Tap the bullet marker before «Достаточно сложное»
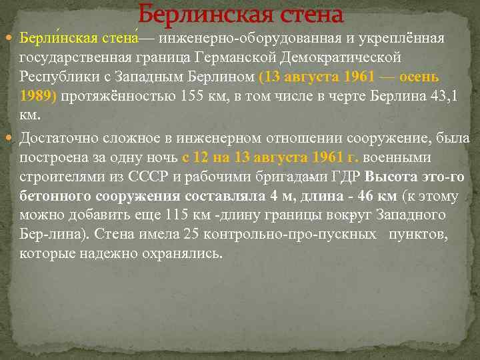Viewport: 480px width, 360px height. [11, 139]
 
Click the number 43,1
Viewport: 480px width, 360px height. [444, 95]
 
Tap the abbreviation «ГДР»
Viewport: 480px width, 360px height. [347, 177]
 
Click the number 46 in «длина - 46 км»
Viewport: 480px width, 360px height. [361, 197]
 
